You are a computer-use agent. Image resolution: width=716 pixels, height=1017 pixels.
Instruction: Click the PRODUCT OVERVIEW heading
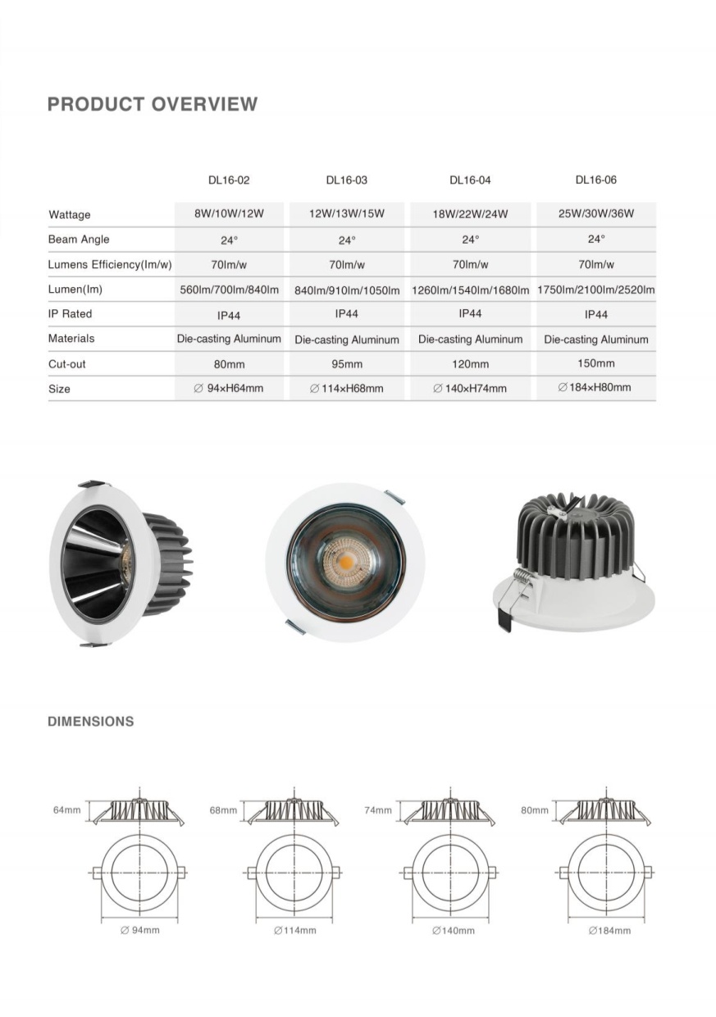pos(153,104)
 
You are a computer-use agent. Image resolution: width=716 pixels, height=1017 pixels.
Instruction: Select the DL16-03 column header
pos(346,180)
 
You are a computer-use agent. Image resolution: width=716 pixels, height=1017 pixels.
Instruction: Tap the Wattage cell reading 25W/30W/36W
pos(596,214)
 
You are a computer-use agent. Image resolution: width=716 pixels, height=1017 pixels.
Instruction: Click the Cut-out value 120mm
pos(470,364)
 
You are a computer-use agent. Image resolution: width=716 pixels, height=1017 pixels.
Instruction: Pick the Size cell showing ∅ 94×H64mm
pos(229,388)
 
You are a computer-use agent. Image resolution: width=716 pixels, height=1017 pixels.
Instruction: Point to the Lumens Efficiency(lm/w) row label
pos(110,265)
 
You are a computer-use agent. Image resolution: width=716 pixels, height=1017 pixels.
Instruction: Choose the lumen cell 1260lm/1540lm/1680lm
pos(470,290)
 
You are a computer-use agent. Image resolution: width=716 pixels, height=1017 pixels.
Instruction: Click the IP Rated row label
pos(71,314)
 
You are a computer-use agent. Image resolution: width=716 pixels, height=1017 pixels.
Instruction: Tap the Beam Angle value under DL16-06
pos(596,239)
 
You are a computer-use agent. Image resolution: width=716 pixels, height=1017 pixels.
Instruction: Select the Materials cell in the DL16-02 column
pos(229,339)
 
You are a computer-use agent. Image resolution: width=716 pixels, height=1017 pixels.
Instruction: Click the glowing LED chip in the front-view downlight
pos(344,563)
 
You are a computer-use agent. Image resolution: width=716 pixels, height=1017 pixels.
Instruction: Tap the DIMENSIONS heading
pos(91,722)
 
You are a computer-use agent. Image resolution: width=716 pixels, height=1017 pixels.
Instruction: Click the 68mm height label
pos(223,810)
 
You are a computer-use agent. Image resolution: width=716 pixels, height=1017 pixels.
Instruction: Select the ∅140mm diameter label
pos(454,931)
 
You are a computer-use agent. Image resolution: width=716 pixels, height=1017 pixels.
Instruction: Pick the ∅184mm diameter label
pos(609,931)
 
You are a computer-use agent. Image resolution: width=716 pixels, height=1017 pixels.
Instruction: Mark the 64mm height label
pos(66,810)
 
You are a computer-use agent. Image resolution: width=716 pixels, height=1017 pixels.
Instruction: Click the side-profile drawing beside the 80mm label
pos(604,810)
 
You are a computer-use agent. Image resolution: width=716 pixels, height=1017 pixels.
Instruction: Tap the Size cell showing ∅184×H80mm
pos(596,387)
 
